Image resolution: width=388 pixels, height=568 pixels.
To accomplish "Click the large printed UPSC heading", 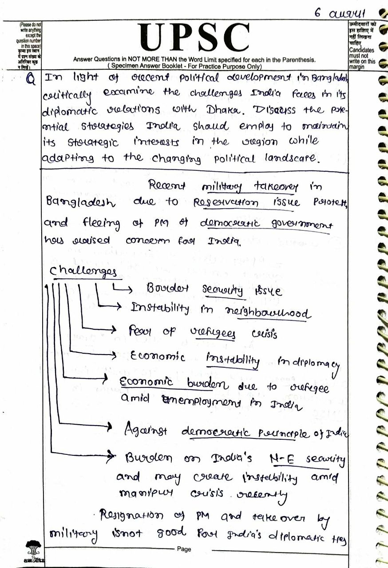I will coord(194,38).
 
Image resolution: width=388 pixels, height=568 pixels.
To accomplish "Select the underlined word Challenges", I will coord(83,272).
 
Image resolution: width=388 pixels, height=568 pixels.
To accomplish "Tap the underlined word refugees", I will coord(219,333).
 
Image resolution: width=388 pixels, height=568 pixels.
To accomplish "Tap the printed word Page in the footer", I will coord(184,549).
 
